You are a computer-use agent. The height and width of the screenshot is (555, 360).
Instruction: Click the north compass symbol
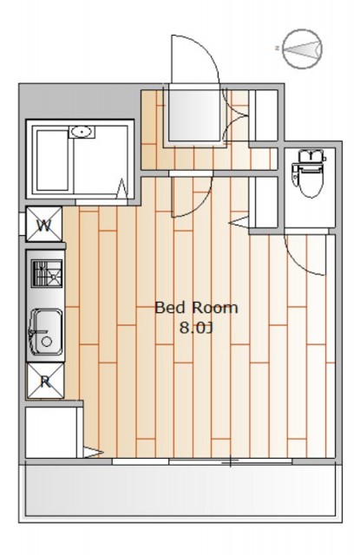(x=303, y=49)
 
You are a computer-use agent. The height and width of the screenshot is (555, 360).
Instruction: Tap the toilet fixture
(x=307, y=173)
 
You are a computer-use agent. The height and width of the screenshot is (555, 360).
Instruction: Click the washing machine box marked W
(x=44, y=225)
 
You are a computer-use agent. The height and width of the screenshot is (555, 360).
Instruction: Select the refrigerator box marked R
(x=45, y=381)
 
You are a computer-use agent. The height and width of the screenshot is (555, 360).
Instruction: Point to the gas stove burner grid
(x=47, y=273)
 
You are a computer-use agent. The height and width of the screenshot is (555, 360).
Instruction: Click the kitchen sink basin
(x=46, y=332)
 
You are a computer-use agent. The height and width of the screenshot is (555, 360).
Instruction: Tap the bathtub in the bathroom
(x=52, y=160)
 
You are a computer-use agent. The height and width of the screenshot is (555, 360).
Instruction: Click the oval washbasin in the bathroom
(x=82, y=132)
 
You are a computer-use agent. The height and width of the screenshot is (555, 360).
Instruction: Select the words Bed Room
(x=196, y=308)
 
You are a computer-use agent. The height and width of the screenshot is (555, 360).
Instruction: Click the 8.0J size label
(x=196, y=328)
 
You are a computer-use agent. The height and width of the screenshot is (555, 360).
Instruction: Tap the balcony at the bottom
(x=180, y=491)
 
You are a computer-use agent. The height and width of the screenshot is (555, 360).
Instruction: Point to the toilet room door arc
(x=301, y=260)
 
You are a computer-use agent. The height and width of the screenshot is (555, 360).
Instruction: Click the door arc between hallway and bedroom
(x=199, y=206)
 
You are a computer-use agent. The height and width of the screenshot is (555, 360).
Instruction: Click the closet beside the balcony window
(x=51, y=433)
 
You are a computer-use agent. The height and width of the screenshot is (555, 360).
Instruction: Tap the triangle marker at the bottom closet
(x=93, y=453)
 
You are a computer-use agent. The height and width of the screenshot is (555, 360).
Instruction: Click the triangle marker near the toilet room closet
(x=239, y=222)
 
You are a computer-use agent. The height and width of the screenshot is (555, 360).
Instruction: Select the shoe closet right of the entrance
(x=264, y=115)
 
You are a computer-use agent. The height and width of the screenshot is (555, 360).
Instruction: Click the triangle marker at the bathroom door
(x=122, y=187)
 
